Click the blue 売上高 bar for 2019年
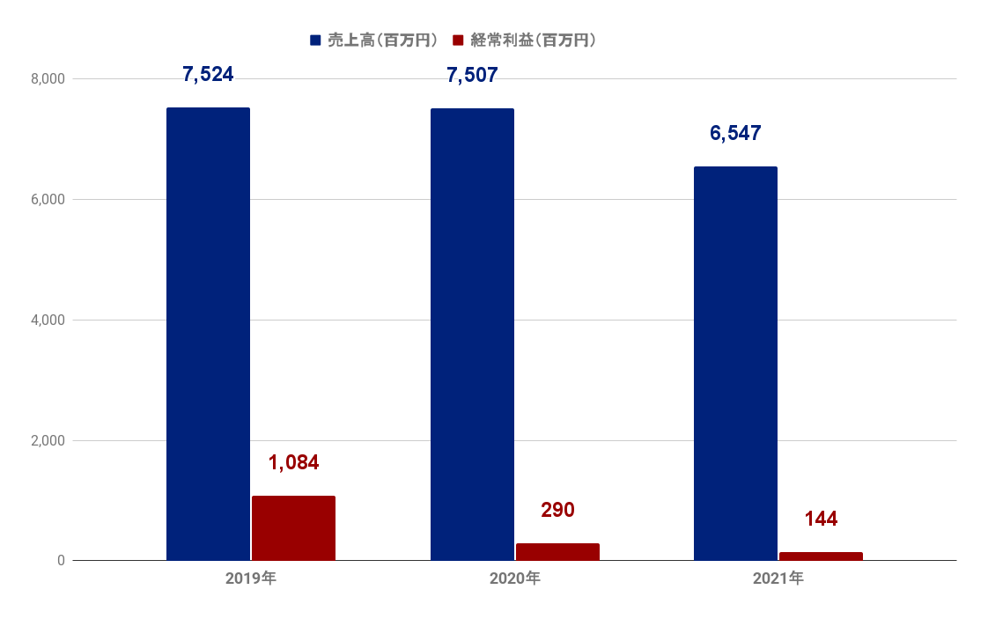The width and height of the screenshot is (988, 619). (x=208, y=334)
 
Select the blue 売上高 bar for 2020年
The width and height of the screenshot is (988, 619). (x=472, y=335)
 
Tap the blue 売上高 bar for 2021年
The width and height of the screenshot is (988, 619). (x=735, y=363)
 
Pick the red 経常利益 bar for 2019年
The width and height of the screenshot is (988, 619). (x=293, y=528)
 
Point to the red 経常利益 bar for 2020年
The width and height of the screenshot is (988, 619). (x=557, y=552)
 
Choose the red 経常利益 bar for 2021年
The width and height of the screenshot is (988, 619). (x=821, y=556)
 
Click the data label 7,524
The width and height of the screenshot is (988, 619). (x=208, y=75)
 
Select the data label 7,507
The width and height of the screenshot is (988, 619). (x=472, y=75)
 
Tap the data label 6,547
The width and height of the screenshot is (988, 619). (x=735, y=134)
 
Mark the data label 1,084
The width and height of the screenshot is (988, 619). (x=293, y=463)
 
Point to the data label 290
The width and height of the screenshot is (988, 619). (x=557, y=511)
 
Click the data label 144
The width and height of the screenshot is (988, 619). (x=821, y=520)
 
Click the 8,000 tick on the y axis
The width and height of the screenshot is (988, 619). (x=48, y=79)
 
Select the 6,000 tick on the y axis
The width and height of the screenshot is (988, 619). (x=48, y=200)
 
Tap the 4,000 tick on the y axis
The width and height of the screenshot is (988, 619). (x=48, y=321)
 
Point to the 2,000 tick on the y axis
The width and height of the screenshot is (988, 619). (x=48, y=440)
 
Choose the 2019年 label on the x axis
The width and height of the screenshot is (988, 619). (x=251, y=579)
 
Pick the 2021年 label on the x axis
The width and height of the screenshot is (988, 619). (x=778, y=579)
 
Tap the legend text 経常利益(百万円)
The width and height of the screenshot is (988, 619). (x=534, y=41)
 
